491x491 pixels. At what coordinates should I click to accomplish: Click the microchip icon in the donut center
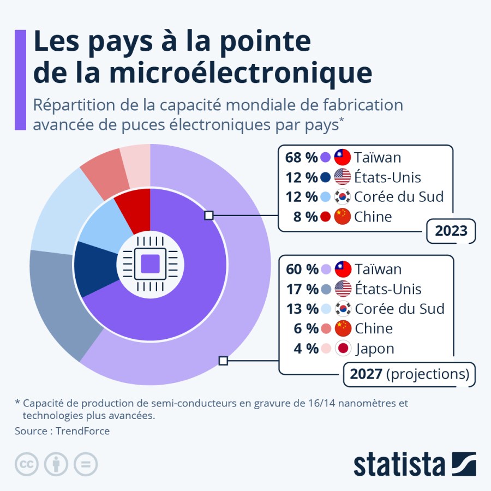150,265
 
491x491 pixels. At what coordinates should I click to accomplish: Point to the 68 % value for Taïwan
301,158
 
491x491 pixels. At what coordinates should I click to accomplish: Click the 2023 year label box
451,231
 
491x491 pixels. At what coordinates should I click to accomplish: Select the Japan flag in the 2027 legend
343,349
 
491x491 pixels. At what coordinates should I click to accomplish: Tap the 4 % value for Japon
306,349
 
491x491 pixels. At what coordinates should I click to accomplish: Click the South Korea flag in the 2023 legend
343,197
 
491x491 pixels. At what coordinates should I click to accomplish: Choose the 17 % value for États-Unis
301,289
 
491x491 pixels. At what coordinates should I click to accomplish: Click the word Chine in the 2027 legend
374,328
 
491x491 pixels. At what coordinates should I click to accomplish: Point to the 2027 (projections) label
409,374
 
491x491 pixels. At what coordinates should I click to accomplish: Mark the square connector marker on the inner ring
208,215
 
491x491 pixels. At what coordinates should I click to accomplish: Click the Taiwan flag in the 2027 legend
343,269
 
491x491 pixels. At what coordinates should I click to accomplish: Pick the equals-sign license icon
86,464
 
